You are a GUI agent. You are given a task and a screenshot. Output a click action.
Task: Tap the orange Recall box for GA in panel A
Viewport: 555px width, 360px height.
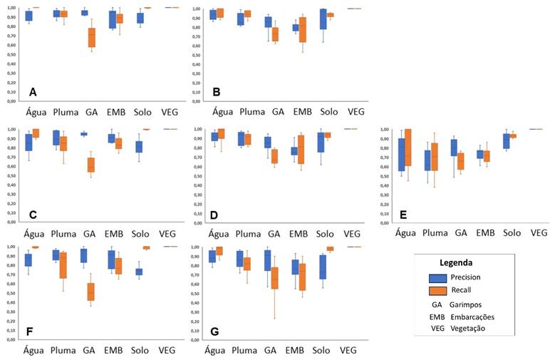coord(92,38)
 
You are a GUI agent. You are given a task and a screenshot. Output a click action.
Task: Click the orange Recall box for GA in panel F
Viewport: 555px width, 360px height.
coord(91,291)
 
